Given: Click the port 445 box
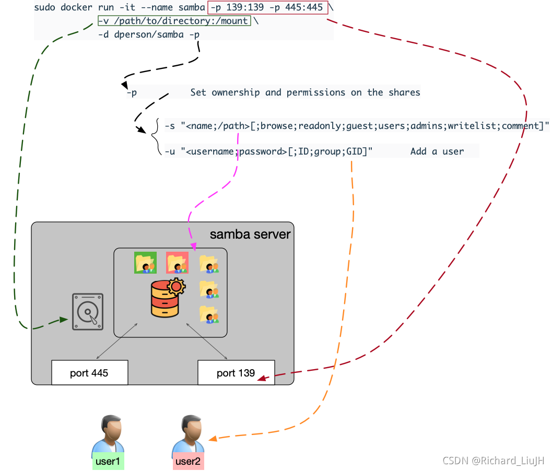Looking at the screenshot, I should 89,373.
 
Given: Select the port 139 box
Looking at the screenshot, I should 236,373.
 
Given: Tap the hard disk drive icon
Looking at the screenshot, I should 88,311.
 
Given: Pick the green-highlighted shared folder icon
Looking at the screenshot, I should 145,263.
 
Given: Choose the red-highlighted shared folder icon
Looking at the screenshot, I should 177,263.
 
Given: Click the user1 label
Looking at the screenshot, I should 108,462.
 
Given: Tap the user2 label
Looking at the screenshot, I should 188,462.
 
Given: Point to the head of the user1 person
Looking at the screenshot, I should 111,428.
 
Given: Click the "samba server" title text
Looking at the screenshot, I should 250,234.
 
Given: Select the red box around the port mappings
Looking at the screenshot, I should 268,8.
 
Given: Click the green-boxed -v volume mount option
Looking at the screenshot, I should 174,21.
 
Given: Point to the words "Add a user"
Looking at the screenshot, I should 437,151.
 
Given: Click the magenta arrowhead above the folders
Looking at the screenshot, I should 193,245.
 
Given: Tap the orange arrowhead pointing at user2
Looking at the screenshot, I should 212,439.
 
